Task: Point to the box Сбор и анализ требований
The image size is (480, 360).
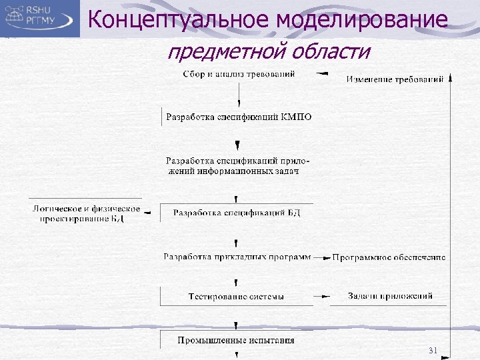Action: click(x=239, y=74)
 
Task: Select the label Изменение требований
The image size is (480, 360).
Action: click(x=395, y=79)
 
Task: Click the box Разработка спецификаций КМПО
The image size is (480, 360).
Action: click(x=238, y=117)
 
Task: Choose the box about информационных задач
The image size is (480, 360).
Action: click(x=237, y=166)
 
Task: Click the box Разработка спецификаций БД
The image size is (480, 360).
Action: click(x=237, y=213)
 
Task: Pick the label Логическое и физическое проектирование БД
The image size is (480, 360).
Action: click(x=86, y=213)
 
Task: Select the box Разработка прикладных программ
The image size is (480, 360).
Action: click(x=237, y=257)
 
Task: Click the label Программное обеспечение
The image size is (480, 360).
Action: click(x=389, y=257)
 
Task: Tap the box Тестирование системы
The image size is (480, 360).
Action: click(x=236, y=297)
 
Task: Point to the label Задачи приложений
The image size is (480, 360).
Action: click(x=390, y=296)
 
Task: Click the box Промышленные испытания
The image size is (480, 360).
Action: click(x=236, y=341)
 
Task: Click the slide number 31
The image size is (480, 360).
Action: click(x=433, y=350)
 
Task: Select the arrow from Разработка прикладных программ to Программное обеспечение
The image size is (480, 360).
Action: click(x=322, y=257)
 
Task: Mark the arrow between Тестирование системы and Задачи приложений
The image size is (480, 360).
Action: click(x=322, y=296)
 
